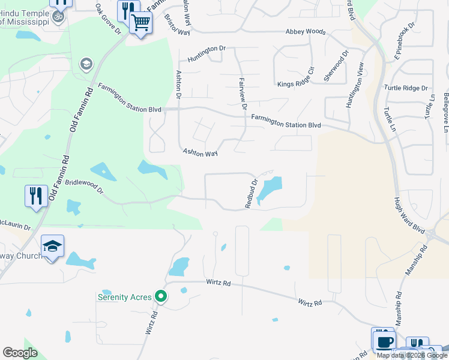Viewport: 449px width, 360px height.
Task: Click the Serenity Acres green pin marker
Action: tap(160, 296)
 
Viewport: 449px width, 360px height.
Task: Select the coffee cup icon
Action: tap(384, 342)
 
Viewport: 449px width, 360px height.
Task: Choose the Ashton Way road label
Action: tap(200, 154)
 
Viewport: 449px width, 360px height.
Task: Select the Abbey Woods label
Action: tap(306, 32)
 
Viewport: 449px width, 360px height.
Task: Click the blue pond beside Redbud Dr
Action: tap(269, 190)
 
